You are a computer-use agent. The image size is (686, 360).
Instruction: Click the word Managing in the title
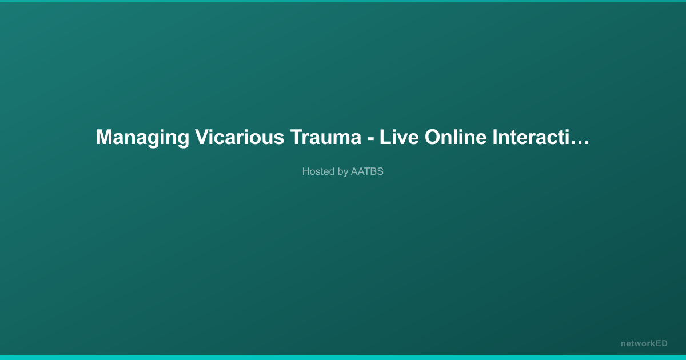coord(143,138)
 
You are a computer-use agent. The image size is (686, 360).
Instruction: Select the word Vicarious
coord(240,137)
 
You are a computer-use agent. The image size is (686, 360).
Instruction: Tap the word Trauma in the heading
coord(326,137)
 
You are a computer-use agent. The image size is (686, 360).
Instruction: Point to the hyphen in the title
coord(370,139)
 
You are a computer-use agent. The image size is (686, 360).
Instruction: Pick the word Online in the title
coord(456,137)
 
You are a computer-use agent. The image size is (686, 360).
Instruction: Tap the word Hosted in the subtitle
coord(319,171)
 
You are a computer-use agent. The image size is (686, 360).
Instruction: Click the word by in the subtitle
coord(343,172)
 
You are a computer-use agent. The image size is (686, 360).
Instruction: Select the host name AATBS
coord(367,171)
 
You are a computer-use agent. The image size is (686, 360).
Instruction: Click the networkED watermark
coord(644,343)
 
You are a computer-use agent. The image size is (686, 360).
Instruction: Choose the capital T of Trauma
coord(297,137)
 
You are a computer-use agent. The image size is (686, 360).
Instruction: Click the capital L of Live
coord(385,137)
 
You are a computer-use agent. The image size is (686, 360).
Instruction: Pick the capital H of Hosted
coord(306,171)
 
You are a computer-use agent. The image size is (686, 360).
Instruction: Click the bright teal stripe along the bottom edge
coord(343,358)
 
